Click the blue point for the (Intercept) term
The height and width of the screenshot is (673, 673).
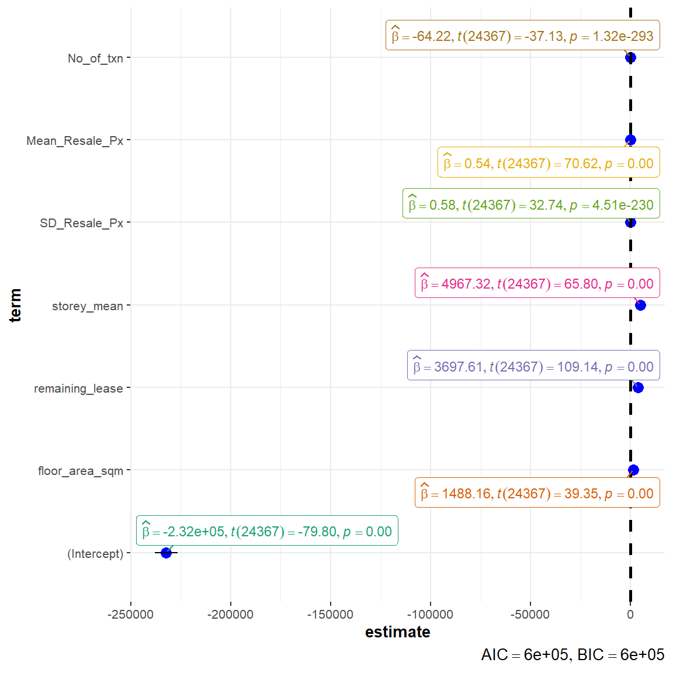(x=166, y=553)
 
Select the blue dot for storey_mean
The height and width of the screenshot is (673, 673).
(x=640, y=305)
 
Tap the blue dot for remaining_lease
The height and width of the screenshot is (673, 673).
(x=638, y=387)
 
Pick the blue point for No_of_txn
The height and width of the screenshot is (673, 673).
(x=630, y=57)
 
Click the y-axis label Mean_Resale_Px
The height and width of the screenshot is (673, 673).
(x=75, y=141)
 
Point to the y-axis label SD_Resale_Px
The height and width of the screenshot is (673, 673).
(x=81, y=223)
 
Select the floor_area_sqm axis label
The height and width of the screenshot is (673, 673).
(x=81, y=471)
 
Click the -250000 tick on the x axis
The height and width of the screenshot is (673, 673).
(x=131, y=615)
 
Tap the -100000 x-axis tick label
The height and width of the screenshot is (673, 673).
(x=431, y=615)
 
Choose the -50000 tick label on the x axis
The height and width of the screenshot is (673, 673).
(x=530, y=615)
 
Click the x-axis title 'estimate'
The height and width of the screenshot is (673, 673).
(x=397, y=632)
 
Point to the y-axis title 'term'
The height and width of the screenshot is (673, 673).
(x=15, y=305)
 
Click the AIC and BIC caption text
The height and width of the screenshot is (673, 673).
(x=573, y=655)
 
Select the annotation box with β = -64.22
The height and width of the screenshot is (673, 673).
(x=522, y=36)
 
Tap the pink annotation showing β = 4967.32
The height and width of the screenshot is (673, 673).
(x=537, y=283)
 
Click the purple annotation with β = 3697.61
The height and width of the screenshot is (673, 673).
(x=533, y=366)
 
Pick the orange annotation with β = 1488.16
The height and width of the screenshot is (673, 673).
(x=537, y=493)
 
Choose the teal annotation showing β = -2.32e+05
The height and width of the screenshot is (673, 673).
(x=267, y=531)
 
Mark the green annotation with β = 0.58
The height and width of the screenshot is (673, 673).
(x=531, y=204)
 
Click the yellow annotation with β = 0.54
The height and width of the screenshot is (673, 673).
(x=549, y=163)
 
